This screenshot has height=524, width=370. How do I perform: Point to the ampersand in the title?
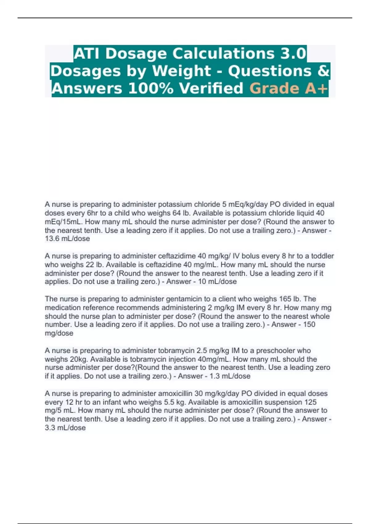[x=323, y=71]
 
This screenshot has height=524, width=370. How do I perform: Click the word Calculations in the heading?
[x=223, y=53]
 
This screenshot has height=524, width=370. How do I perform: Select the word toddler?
[x=322, y=256]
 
